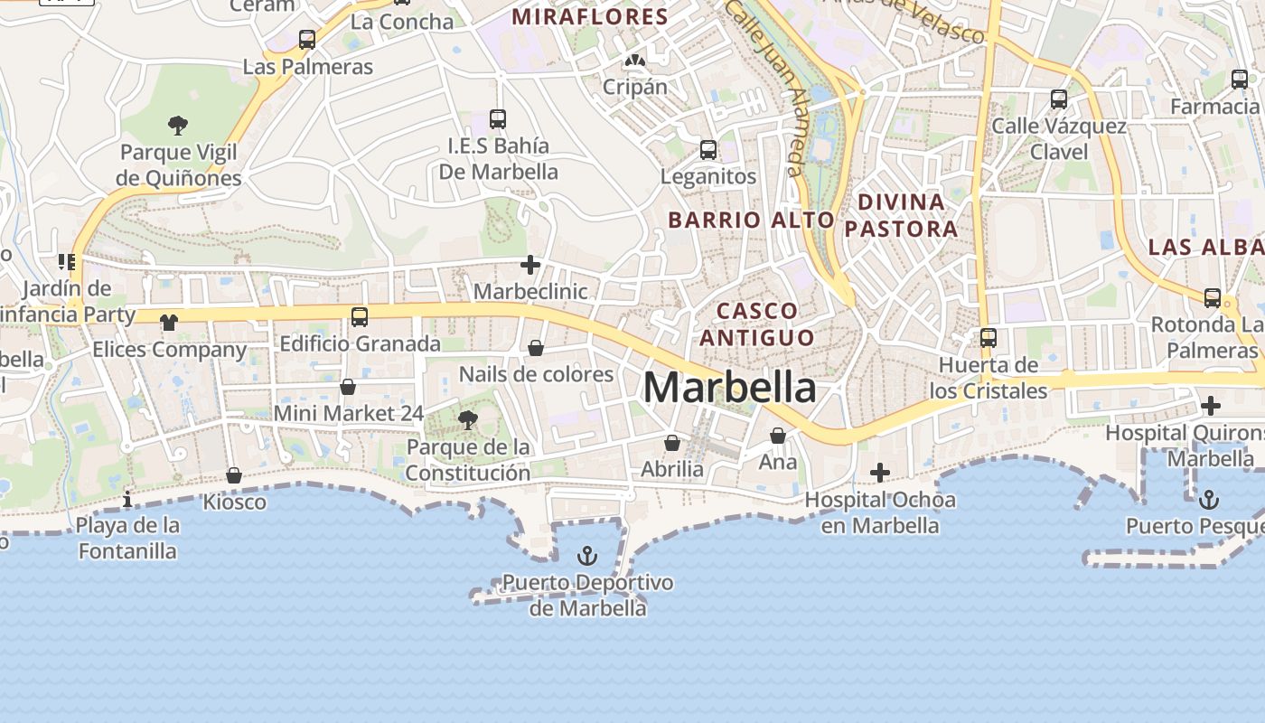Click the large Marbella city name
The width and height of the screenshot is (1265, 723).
[x=729, y=388]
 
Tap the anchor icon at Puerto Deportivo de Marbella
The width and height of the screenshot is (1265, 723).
[x=588, y=555]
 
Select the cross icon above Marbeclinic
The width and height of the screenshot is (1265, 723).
[x=530, y=265]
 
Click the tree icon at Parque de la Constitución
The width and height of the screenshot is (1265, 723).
[x=467, y=419]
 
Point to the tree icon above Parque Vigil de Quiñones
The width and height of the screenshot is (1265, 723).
[x=178, y=125]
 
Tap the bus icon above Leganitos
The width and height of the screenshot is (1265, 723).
[x=708, y=149]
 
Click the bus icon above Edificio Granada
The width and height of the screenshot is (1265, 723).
[x=360, y=316]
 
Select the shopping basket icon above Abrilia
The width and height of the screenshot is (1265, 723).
[x=672, y=443]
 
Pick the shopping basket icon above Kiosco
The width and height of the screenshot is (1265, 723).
[x=234, y=475]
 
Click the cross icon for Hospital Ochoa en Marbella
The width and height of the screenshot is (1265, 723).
[x=879, y=473]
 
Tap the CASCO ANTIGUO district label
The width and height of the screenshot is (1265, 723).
[x=757, y=324]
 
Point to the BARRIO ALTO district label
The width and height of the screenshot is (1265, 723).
[x=751, y=220]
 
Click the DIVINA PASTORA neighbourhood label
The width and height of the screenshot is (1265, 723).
[x=901, y=215]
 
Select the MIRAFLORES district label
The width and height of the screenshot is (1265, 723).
[x=590, y=16]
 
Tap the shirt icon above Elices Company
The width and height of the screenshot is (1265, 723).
[x=169, y=322]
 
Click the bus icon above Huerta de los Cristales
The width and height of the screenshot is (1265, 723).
[x=989, y=338]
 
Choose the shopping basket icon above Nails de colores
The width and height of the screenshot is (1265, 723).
[x=536, y=348]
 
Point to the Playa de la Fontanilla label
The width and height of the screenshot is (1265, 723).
[x=127, y=538]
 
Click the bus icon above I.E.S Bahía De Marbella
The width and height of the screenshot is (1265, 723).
[x=497, y=118]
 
